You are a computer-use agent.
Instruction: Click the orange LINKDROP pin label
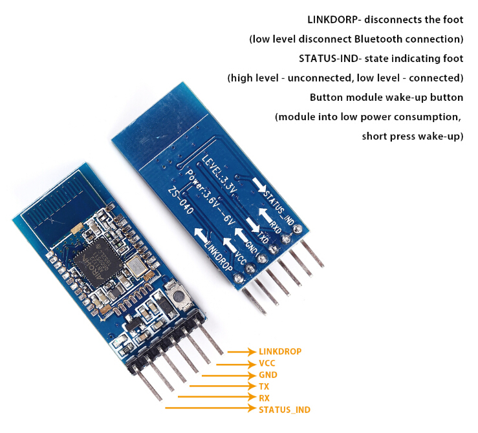tap(279, 351)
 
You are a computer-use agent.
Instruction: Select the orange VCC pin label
tap(267, 363)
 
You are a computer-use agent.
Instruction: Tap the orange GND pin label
tap(268, 375)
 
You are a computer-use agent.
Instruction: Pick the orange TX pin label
tap(264, 386)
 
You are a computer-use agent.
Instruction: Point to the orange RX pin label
tap(264, 398)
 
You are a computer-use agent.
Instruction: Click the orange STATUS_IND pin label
tap(284, 410)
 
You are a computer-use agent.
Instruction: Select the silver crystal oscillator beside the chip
tap(136, 266)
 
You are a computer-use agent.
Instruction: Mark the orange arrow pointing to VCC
tap(235, 363)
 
